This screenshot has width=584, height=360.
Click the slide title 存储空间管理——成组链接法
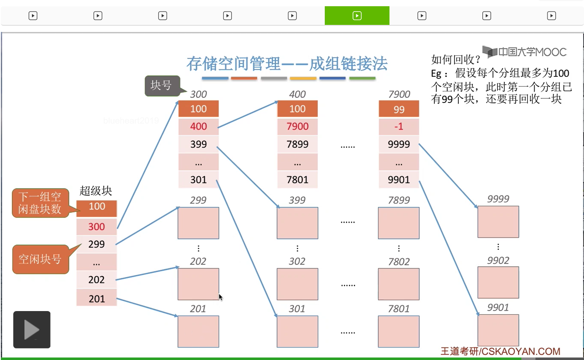point(287,64)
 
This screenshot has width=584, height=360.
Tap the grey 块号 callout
point(162,85)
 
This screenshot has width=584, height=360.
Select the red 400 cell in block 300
point(198,126)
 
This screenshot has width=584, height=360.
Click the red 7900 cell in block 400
point(297,126)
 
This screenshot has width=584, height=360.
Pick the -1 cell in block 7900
point(399,126)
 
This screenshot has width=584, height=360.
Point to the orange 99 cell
point(399,109)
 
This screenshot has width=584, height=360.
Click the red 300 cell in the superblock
point(97,227)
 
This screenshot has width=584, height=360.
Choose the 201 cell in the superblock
point(97,299)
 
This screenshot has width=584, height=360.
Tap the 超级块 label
point(96,191)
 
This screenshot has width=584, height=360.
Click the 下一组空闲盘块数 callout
point(40,203)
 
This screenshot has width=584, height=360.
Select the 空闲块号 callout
point(40,259)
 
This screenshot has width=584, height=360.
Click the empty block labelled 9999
point(498,222)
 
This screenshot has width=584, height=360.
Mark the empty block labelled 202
point(198,284)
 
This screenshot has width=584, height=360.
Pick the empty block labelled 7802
point(399,284)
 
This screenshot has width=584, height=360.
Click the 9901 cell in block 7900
point(399,180)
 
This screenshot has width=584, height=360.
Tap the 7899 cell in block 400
point(297,144)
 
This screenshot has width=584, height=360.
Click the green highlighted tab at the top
point(357,16)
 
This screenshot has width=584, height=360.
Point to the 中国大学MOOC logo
point(525,52)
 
